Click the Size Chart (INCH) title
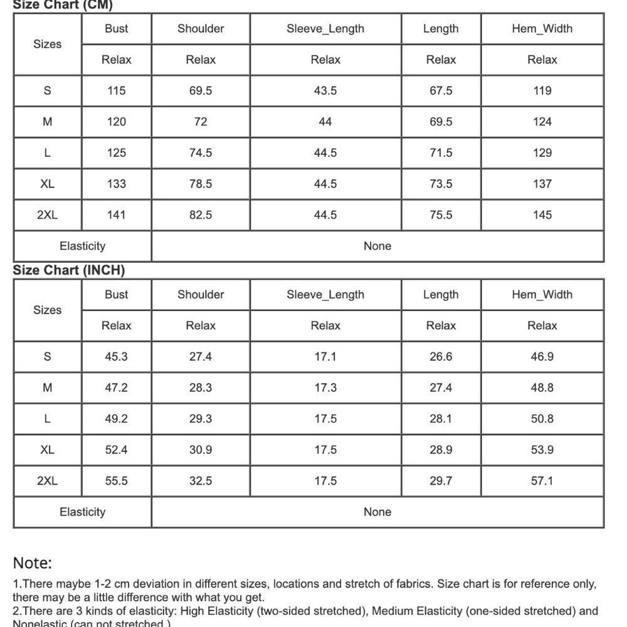coord(69,270)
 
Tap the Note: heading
coord(33,562)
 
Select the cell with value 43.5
coord(325,91)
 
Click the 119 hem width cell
coord(542,91)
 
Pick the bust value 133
coord(117,184)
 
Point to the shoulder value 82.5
coord(201,215)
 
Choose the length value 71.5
coord(441,153)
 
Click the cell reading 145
coord(542,215)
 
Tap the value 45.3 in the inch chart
coord(117,357)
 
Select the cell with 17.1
coord(325,357)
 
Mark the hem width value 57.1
coord(542,481)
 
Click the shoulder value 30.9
coord(201,450)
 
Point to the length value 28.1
coord(441,419)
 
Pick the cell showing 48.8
coord(542,387)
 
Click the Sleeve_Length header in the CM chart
coord(325,29)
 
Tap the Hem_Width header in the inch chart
coord(542,295)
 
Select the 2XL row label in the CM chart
coord(47,215)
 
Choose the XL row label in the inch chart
coord(47,450)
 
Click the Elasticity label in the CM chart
coord(82,246)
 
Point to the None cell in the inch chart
coord(377,512)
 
